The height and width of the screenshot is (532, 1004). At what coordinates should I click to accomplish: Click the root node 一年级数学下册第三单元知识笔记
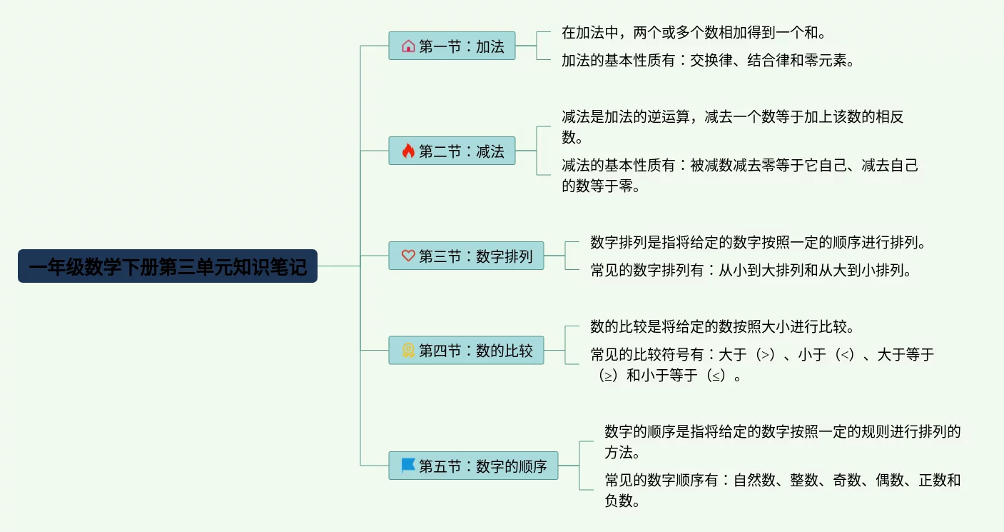pyautogui.click(x=168, y=266)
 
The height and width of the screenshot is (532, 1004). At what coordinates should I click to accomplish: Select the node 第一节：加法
pyautogui.click(x=452, y=46)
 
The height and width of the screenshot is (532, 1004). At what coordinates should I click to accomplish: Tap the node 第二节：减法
pyautogui.click(x=452, y=151)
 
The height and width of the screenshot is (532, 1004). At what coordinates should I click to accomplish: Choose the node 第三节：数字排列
pyautogui.click(x=466, y=256)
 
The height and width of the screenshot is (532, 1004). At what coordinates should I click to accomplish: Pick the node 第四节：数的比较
pyautogui.click(x=466, y=351)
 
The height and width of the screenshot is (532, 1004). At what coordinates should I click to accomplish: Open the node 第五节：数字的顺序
pyautogui.click(x=473, y=466)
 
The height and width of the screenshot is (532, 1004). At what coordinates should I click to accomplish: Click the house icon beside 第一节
pyautogui.click(x=408, y=46)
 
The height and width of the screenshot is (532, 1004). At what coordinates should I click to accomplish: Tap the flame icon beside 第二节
pyautogui.click(x=408, y=151)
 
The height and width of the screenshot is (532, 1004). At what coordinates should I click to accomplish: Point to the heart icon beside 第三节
pyautogui.click(x=408, y=256)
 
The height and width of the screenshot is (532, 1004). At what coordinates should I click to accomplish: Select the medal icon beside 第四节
pyautogui.click(x=408, y=351)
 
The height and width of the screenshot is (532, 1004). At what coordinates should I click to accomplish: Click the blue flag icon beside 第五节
pyautogui.click(x=408, y=466)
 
